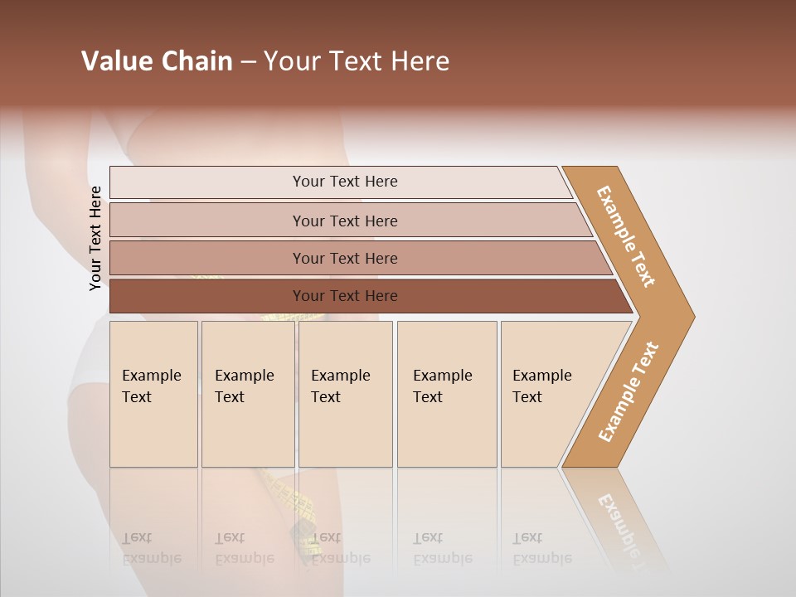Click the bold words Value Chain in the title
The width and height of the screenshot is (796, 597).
click(x=157, y=61)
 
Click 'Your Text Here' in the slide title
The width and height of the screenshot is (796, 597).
click(x=357, y=61)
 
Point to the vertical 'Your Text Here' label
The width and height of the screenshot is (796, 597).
click(x=95, y=238)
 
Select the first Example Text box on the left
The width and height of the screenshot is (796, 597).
click(x=153, y=394)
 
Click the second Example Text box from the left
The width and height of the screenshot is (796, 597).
click(x=247, y=394)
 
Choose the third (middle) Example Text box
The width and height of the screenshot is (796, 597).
click(x=345, y=394)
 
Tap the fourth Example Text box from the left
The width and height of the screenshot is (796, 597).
click(x=446, y=394)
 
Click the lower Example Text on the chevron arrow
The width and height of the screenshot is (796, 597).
click(x=629, y=392)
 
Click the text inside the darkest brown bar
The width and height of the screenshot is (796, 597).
click(x=345, y=296)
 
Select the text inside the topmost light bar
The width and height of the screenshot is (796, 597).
click(x=345, y=182)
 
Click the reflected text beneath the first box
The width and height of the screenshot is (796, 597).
click(x=151, y=549)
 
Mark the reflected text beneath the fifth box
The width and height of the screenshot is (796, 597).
click(x=541, y=549)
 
